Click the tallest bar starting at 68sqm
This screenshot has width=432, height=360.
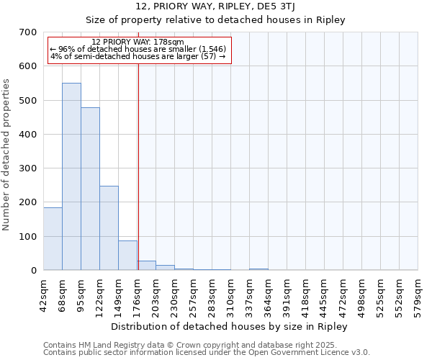[x=71, y=176]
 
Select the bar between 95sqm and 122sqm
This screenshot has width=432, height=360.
[x=90, y=189]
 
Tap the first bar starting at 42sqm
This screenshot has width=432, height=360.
[x=53, y=238]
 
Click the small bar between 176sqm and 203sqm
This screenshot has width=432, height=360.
[x=147, y=265]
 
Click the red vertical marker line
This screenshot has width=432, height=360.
[x=138, y=158]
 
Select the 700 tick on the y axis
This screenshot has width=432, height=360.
[x=28, y=32]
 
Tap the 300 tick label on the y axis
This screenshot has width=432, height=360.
[x=28, y=168]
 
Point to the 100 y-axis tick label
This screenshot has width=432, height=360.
[x=28, y=237]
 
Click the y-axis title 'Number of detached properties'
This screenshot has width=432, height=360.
[x=6, y=155]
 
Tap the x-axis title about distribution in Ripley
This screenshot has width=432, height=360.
[x=230, y=326]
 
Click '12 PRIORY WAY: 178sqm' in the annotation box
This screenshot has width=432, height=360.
[x=138, y=42]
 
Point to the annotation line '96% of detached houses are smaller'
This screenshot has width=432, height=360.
[x=138, y=49]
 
